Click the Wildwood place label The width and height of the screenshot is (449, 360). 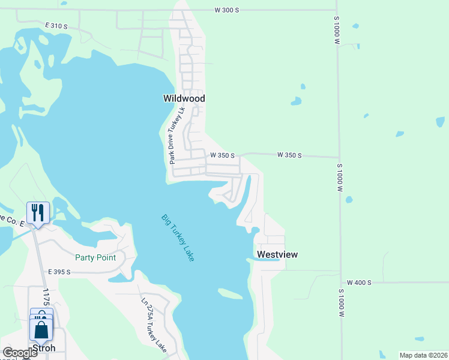pyautogui.click(x=184, y=98)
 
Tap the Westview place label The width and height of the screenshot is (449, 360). pyautogui.click(x=277, y=254)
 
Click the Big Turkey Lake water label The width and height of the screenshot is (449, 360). pyautogui.click(x=178, y=238)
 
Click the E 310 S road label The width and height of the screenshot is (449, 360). pyautogui.click(x=56, y=26)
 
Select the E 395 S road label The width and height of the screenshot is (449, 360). pyautogui.click(x=59, y=272)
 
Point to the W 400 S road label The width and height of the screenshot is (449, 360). pyautogui.click(x=359, y=283)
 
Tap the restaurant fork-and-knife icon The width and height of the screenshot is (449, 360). pyautogui.click(x=37, y=212)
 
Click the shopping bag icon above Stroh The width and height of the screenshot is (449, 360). pyautogui.click(x=41, y=329)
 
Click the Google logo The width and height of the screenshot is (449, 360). pyautogui.click(x=20, y=352)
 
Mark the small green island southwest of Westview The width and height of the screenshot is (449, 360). pyautogui.click(x=231, y=293)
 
